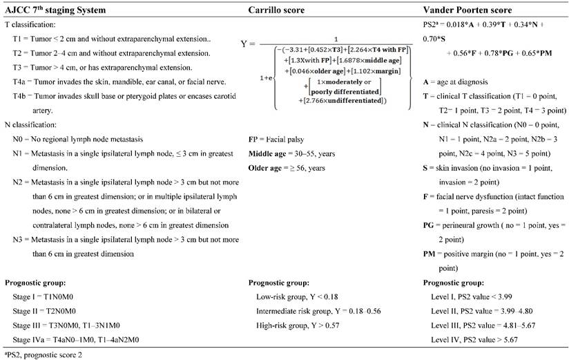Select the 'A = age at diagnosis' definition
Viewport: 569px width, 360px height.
(x=458, y=82)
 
